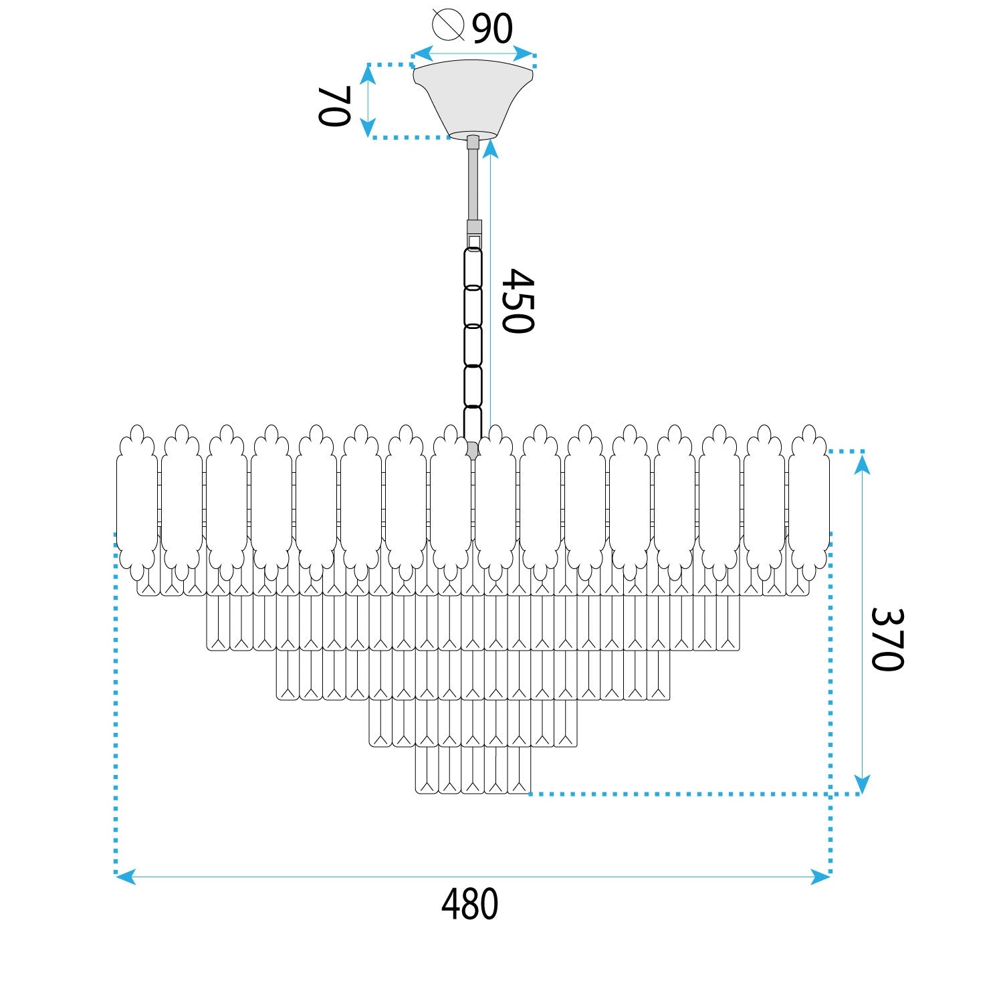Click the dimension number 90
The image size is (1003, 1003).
[x=492, y=28]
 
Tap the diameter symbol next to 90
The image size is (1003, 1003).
[x=448, y=25]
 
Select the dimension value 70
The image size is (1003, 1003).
[x=334, y=106]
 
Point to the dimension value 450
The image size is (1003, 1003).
[x=518, y=301]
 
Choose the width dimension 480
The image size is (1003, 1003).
[x=469, y=904]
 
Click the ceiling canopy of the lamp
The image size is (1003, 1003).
[x=473, y=97]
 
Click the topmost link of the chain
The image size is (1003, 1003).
[x=473, y=268]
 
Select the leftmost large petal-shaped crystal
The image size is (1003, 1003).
[x=137, y=501]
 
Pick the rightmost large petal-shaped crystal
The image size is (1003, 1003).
[x=809, y=501]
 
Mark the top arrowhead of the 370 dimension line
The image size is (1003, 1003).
[x=863, y=463]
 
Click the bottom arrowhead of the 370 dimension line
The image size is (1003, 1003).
[x=863, y=784]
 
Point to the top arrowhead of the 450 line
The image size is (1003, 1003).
[x=491, y=148]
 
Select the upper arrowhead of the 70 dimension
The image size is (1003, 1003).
[x=368, y=74]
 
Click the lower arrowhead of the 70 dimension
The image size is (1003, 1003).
[x=368, y=128]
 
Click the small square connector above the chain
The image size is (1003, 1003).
[x=474, y=241]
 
